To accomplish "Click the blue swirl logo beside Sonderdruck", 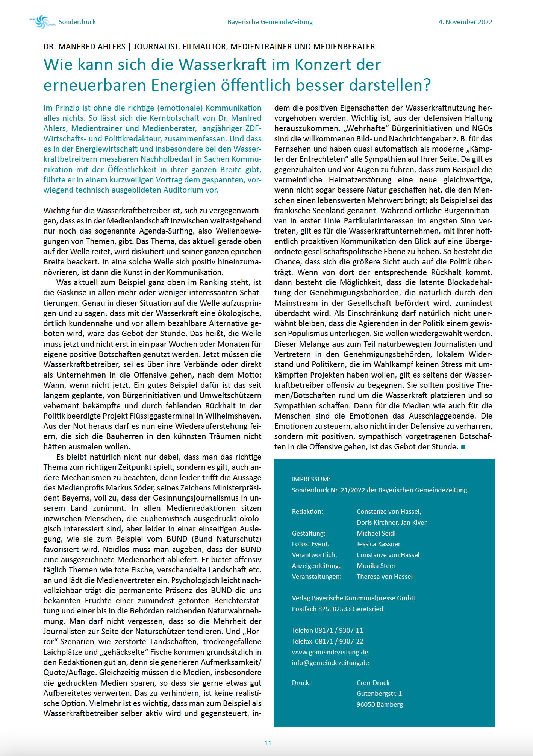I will point(40,22).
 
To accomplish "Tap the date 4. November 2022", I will point(465,22).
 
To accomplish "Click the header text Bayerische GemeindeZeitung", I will point(270,22).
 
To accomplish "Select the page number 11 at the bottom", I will point(268,743).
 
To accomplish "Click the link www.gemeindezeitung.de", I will point(330,652).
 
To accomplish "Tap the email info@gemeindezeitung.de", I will point(330,662).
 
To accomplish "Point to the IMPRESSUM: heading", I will point(311,479).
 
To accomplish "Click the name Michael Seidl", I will point(376,533).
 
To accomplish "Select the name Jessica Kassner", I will point(378,544).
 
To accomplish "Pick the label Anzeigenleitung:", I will point(316,566).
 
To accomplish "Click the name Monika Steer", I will point(376,566).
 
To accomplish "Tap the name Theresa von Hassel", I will point(384,577).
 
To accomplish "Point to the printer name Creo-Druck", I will point(373,683).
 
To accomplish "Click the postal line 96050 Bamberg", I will point(380,704).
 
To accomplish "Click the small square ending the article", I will point(463,447).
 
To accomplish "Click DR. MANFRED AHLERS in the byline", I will point(84,47).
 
